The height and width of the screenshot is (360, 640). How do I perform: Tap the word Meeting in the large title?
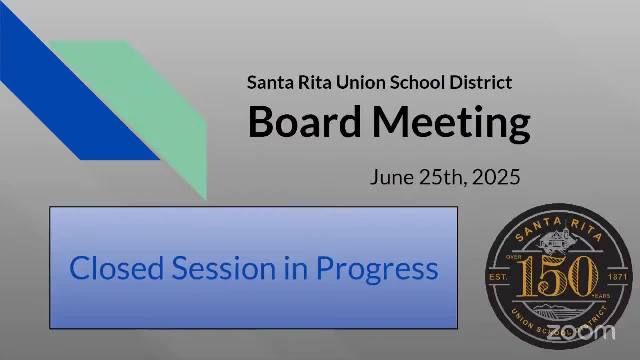pyautogui.click(x=451, y=123)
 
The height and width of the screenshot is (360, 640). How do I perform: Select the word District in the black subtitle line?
pyautogui.click(x=481, y=82)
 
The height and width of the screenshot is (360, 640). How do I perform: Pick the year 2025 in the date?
pyautogui.click(x=496, y=177)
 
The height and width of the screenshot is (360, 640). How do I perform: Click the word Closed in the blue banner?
pyautogui.click(x=116, y=268)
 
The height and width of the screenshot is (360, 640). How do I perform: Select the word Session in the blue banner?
pyautogui.click(x=223, y=268)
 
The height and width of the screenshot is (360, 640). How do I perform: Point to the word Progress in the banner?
pyautogui.click(x=377, y=269)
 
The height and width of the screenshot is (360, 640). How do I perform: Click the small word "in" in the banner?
pyautogui.click(x=295, y=268)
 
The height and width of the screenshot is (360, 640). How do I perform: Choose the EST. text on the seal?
pyautogui.click(x=498, y=276)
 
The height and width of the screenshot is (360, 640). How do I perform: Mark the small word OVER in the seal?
pyautogui.click(x=514, y=257)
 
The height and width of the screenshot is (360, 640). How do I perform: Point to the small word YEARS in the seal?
pyautogui.click(x=600, y=296)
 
